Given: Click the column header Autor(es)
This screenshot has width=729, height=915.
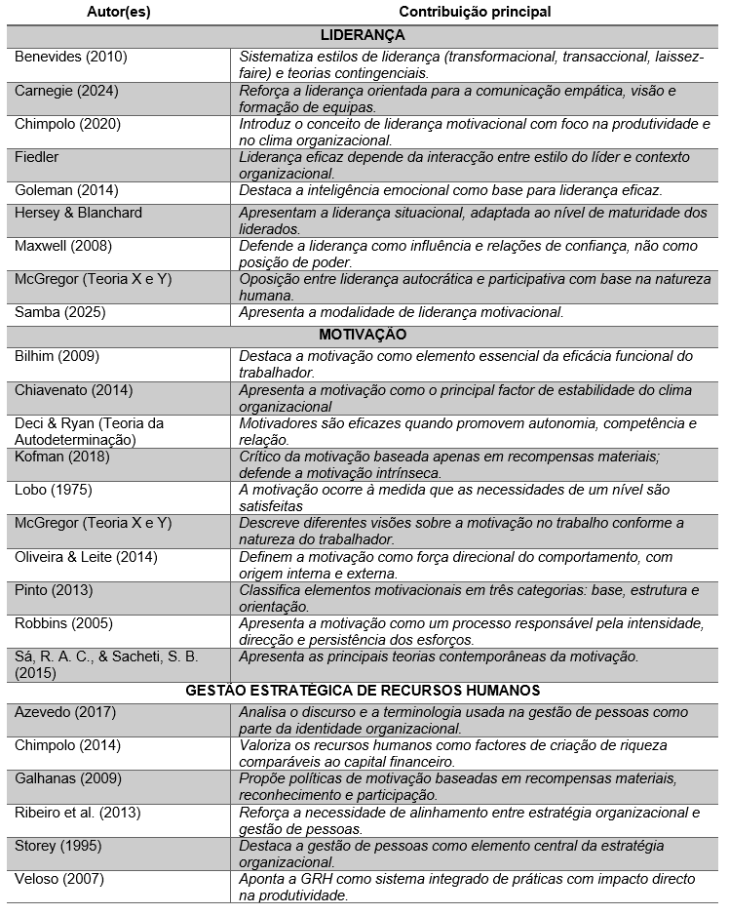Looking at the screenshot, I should (120, 12).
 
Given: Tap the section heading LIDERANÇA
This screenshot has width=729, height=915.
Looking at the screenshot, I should (362, 34).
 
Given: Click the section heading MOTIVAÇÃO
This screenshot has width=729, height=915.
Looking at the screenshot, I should (362, 335).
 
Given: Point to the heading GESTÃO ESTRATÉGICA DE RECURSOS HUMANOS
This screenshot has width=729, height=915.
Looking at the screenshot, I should (362, 690).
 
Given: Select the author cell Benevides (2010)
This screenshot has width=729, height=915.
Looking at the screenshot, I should (71, 57).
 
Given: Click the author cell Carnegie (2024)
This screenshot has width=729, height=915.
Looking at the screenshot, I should (67, 90).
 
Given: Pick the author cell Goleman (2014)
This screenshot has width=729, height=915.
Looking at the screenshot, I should (66, 190).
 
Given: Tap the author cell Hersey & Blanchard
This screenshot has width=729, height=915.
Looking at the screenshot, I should (78, 213).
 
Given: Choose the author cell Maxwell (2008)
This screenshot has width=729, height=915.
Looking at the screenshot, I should (63, 246).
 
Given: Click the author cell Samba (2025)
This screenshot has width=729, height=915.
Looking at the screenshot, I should (60, 313).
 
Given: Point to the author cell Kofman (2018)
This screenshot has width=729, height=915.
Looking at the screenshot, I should (60, 457).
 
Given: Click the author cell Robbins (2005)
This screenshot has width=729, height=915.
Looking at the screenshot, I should (63, 622).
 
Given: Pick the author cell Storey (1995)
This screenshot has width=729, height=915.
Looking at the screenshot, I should (58, 846).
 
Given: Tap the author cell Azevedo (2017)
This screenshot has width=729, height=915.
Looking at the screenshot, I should (64, 712).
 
